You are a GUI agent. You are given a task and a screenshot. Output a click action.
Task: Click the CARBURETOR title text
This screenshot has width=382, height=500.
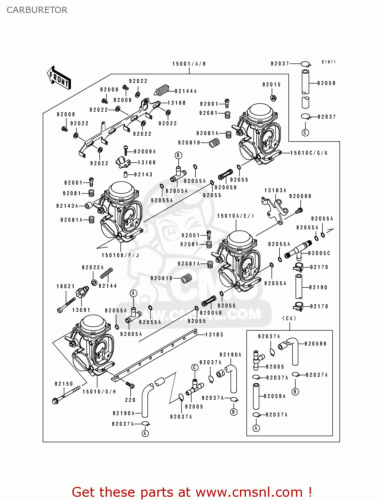pos(37,10)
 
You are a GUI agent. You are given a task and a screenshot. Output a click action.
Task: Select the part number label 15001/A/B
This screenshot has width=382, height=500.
pos(189,64)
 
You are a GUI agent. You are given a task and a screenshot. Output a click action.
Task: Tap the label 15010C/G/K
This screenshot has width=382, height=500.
pos(309,153)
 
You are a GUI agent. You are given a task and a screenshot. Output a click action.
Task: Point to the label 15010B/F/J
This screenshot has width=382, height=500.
pos(120,255)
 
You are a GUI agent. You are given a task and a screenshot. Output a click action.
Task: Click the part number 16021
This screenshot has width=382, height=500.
pos(66,286)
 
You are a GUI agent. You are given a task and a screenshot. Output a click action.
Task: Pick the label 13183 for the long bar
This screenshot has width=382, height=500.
pos(214,335)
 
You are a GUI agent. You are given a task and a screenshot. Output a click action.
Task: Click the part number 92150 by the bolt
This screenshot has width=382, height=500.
pos(64,384)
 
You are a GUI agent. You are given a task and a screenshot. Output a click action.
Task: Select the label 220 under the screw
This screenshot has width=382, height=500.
pos(130,400)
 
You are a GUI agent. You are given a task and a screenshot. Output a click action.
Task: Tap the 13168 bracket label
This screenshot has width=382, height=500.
pos(176,103)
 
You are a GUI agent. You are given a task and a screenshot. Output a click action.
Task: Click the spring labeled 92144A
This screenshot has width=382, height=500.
pos(162,90)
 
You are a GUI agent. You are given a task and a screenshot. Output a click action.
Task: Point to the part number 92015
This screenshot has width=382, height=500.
pos(271,85)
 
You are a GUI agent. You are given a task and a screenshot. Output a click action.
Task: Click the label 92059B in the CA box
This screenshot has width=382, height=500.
pos(315,344)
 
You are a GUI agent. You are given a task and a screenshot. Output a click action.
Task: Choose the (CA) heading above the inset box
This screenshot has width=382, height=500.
pos(289,318)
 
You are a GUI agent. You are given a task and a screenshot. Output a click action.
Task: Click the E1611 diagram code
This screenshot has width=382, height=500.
pos(329,62)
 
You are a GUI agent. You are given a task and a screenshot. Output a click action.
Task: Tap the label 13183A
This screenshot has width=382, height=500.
pos(275,190)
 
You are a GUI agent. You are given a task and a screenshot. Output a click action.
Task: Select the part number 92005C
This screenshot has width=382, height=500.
pos(319,253)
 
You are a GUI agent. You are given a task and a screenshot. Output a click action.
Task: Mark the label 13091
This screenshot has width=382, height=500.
pos(81,310)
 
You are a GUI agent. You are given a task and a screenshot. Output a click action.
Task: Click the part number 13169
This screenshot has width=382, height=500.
pos(147,163)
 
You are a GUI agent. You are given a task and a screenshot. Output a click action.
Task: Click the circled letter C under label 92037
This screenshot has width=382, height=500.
pos(305,133)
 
